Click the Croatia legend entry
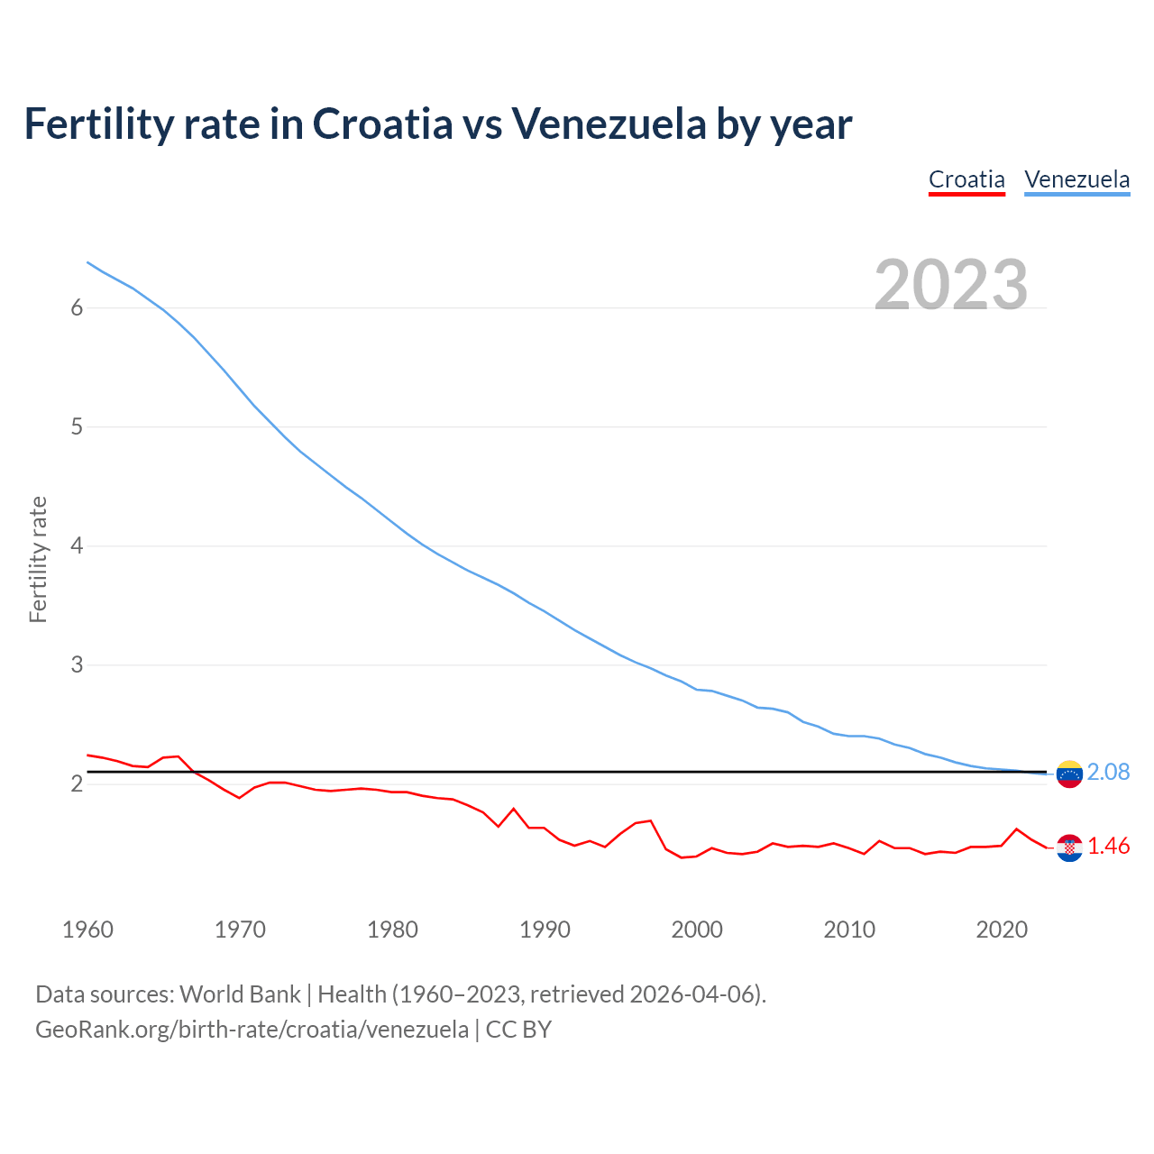966,179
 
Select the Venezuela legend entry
1076,179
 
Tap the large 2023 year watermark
950,284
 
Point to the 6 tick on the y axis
77,307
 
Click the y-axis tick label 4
77,545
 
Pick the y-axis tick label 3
77,664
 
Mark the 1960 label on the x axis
87,930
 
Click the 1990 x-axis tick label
545,930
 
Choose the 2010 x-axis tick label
849,930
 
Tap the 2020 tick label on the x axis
1002,930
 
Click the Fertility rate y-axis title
38,559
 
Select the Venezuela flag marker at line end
1069,774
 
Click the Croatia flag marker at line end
1069,847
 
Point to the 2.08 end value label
1108,773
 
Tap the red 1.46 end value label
1108,847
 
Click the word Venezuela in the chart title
609,124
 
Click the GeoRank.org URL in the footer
252,1030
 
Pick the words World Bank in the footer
240,994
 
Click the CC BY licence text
518,1030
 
